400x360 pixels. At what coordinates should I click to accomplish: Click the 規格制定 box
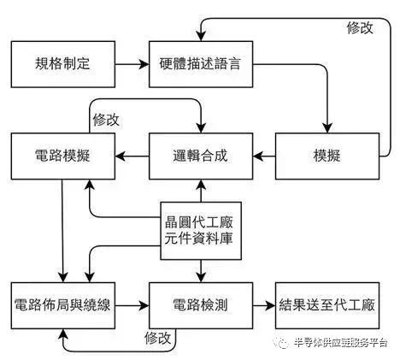[62, 63]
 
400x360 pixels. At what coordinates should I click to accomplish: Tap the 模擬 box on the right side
[326, 156]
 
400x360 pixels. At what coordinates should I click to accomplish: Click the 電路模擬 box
[62, 156]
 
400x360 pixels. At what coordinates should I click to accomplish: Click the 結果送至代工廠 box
[326, 305]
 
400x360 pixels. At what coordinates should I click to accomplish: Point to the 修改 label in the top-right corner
[360, 27]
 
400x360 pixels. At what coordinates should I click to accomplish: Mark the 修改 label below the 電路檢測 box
[159, 338]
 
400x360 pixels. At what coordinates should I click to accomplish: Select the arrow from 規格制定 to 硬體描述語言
[131, 63]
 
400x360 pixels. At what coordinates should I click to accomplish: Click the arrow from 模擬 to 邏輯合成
[263, 156]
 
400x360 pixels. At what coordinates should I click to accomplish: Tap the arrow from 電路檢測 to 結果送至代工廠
[263, 305]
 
